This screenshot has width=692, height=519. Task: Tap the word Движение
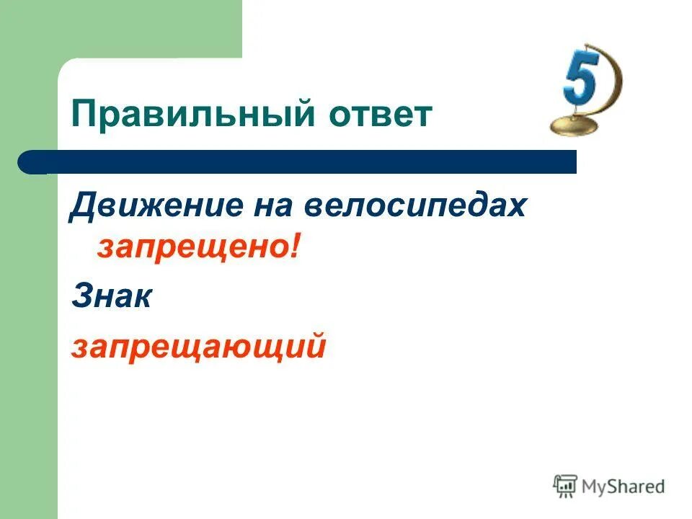[x=152, y=207]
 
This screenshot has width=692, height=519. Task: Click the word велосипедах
[x=414, y=207]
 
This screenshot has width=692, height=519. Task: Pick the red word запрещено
[x=192, y=247]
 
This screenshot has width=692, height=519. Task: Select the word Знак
[x=111, y=297]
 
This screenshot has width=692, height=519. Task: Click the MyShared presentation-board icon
[x=565, y=486]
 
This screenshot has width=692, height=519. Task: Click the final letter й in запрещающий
[x=317, y=346]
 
